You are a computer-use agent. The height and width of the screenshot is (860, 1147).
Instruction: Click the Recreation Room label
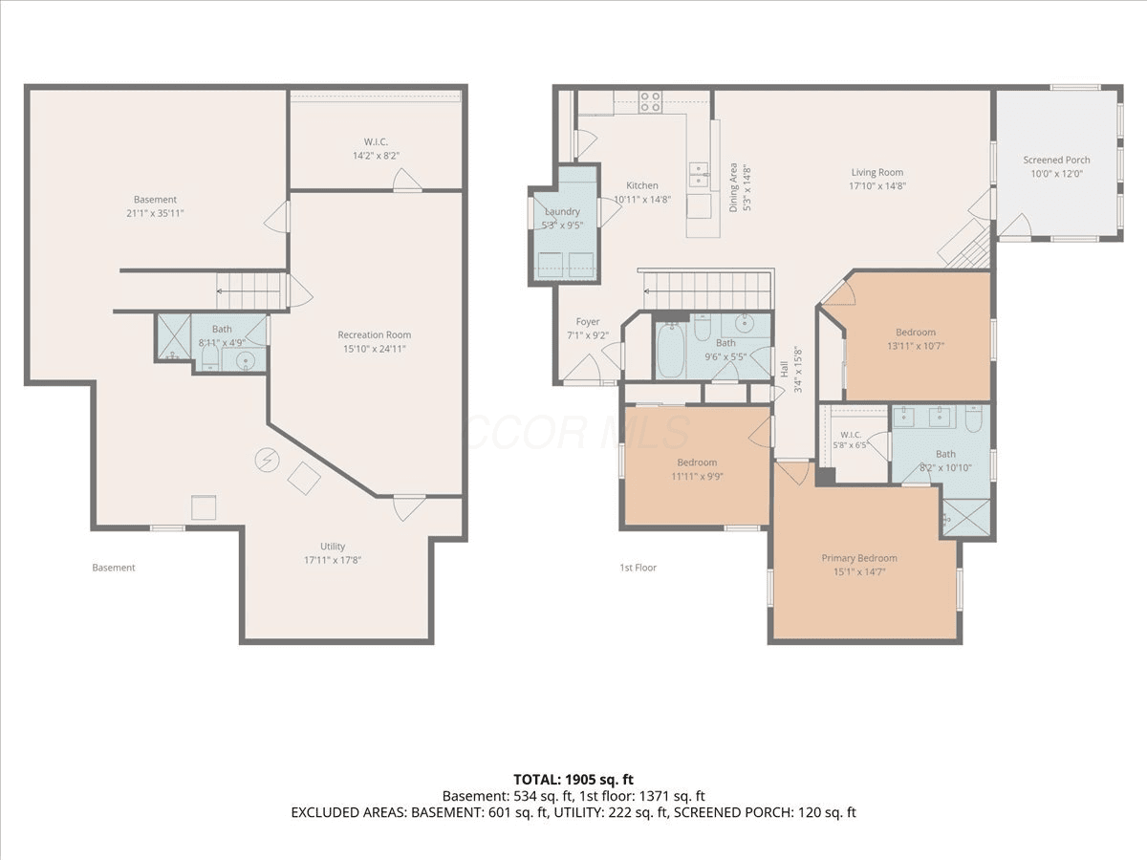[x=374, y=334]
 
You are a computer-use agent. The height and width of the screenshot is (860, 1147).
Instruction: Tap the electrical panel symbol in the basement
[x=267, y=460]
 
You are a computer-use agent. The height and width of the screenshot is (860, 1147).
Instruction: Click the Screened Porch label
[x=1056, y=160]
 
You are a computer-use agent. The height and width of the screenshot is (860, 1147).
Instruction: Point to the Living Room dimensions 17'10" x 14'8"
[x=876, y=186]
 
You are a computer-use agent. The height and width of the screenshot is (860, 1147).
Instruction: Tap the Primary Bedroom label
[x=859, y=558]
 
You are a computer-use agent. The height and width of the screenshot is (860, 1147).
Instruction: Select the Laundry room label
[x=562, y=211]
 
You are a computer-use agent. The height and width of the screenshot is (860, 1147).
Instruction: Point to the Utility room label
[x=333, y=547]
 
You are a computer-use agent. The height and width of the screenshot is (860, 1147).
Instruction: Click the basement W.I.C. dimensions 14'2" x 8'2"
[x=376, y=156]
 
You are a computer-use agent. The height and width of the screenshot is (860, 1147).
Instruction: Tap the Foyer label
[x=588, y=322]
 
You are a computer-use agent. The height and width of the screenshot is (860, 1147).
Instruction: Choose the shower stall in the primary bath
[x=966, y=518]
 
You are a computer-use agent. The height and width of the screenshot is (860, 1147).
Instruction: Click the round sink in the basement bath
[x=245, y=360]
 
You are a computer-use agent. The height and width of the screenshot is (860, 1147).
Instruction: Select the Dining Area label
[x=733, y=187]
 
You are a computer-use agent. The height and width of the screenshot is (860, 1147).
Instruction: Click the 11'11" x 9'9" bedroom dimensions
[x=697, y=476]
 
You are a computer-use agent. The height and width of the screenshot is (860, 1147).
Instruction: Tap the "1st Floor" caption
[x=638, y=568]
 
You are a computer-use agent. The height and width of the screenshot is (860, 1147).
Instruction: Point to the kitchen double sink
[x=699, y=174]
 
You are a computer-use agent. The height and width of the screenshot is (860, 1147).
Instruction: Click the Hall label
[x=785, y=370]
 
